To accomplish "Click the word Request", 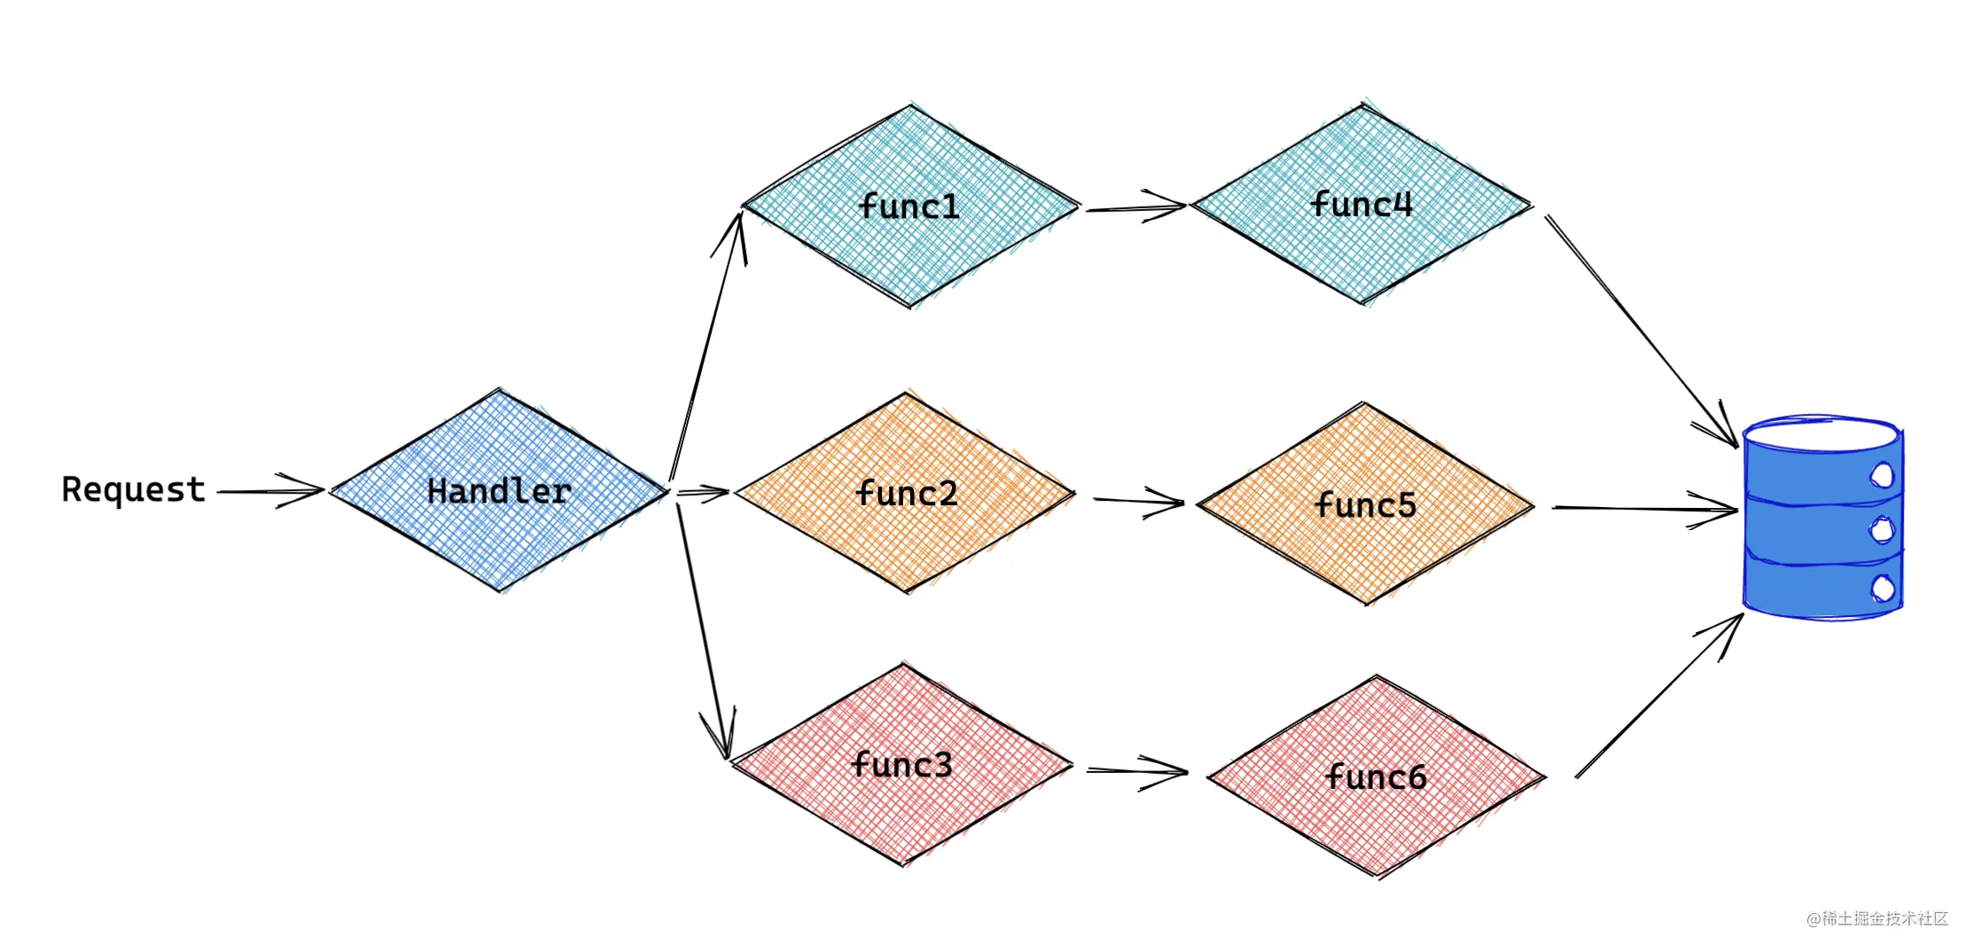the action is coord(133,489).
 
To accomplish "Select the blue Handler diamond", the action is coord(499,490).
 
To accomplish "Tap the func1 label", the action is coord(909,207).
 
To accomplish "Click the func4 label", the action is coord(1361,204).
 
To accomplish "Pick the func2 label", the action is coord(907,493).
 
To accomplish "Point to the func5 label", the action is coord(1366,504).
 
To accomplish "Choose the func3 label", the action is coord(901,764).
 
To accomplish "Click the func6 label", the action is coord(1376,776).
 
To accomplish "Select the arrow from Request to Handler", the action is coord(271,490).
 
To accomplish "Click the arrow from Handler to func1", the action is coord(706,346).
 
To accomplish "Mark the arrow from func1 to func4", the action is coord(1136,207).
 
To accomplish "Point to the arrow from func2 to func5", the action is coord(1139,502).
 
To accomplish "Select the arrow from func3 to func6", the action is coord(1137,771).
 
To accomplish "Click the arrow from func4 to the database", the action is coord(1642,332).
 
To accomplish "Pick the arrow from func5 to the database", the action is coord(1645,509).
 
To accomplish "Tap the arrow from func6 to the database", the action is coord(1659,696).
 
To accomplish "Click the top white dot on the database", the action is coord(1882,475).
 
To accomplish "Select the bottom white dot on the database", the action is coord(1883,588).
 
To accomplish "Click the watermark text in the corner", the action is coord(1877,918).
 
